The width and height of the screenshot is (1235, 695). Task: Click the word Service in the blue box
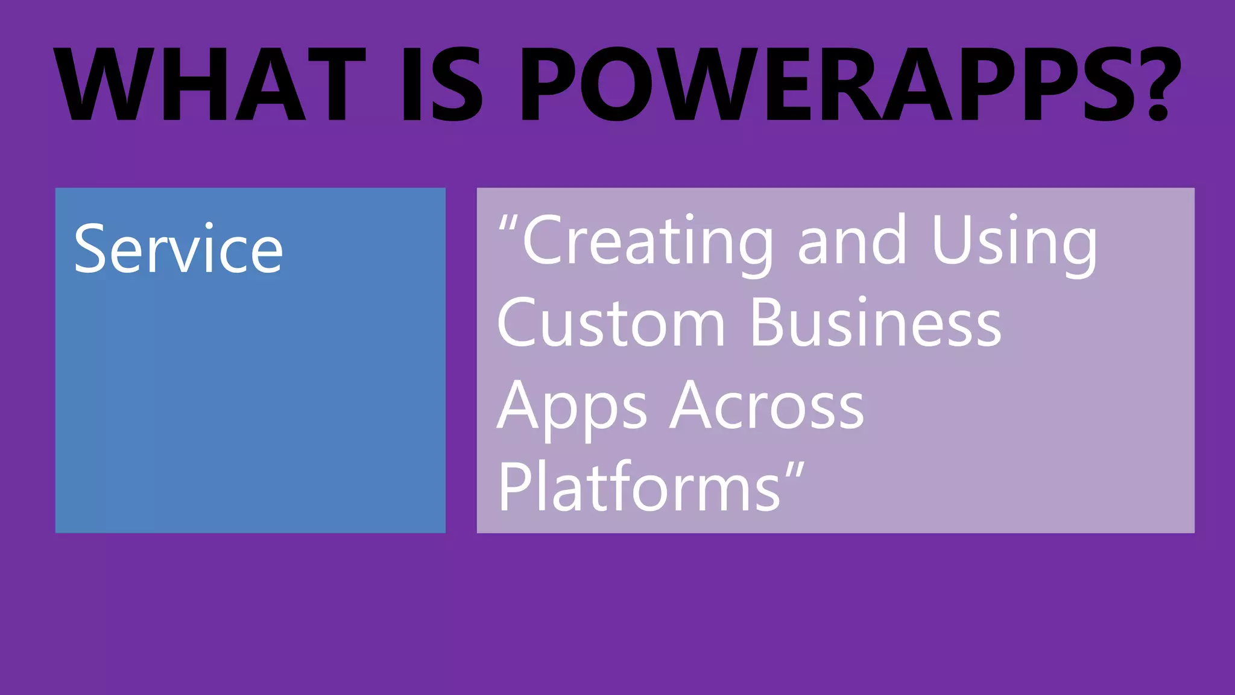pos(178,249)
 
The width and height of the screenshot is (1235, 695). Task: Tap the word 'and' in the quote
pos(852,241)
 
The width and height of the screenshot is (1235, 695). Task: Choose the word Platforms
pos(639,487)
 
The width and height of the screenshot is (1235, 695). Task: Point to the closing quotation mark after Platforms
pos(795,471)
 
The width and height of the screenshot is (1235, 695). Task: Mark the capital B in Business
pos(766,323)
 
